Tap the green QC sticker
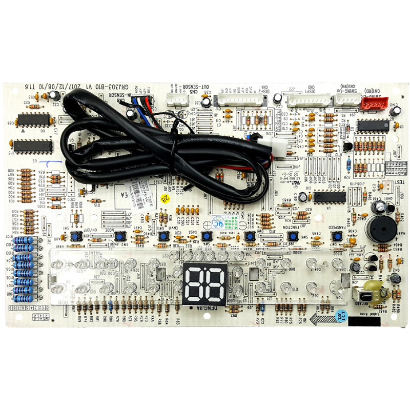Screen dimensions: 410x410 pos(235,223)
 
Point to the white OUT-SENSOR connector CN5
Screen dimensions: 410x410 pos(177,101)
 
